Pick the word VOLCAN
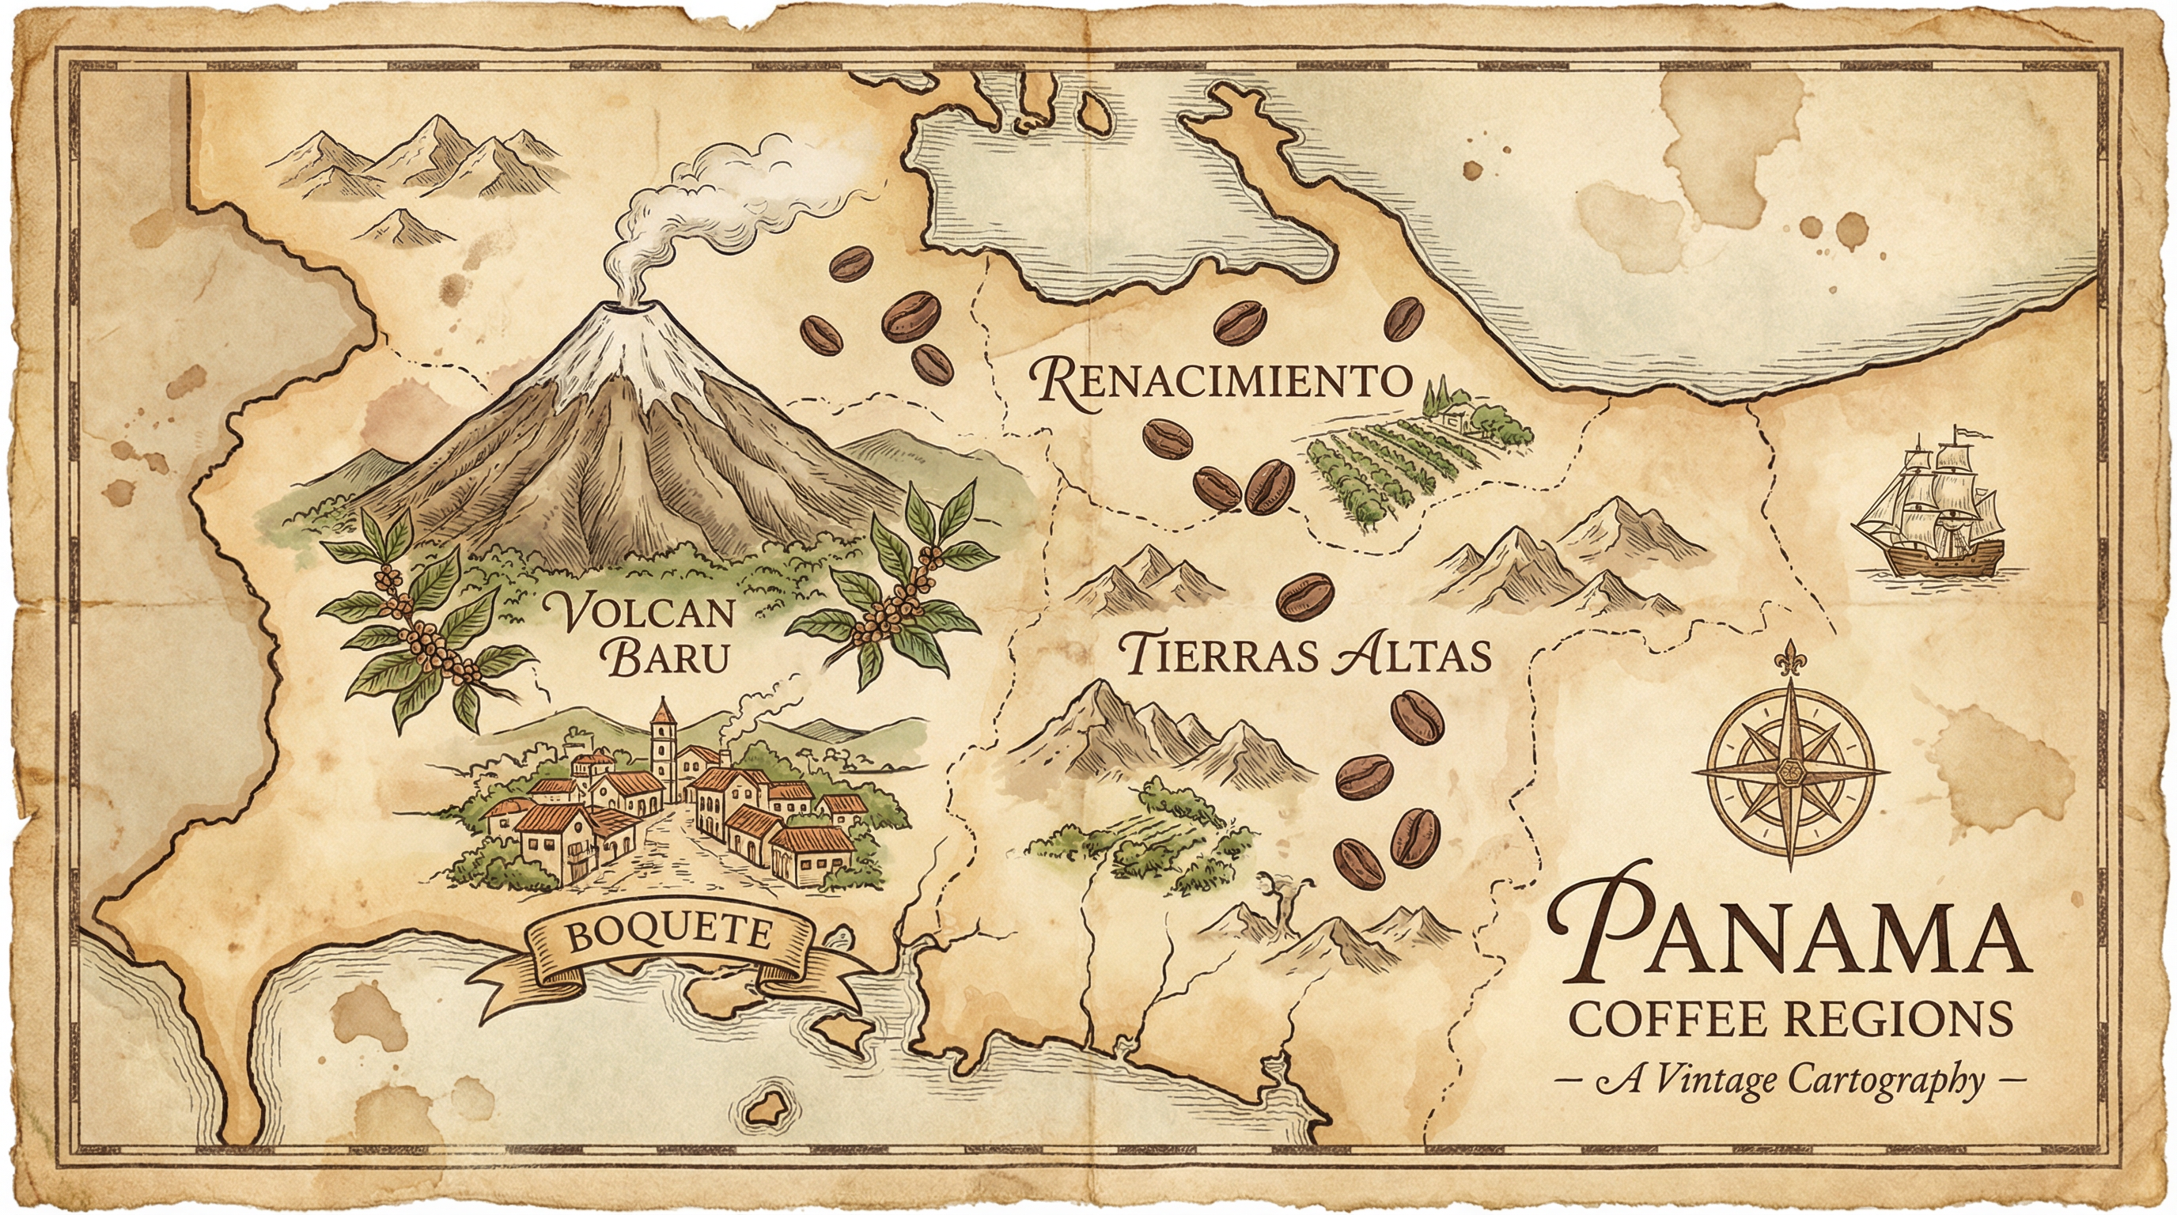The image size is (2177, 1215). click(x=640, y=611)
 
